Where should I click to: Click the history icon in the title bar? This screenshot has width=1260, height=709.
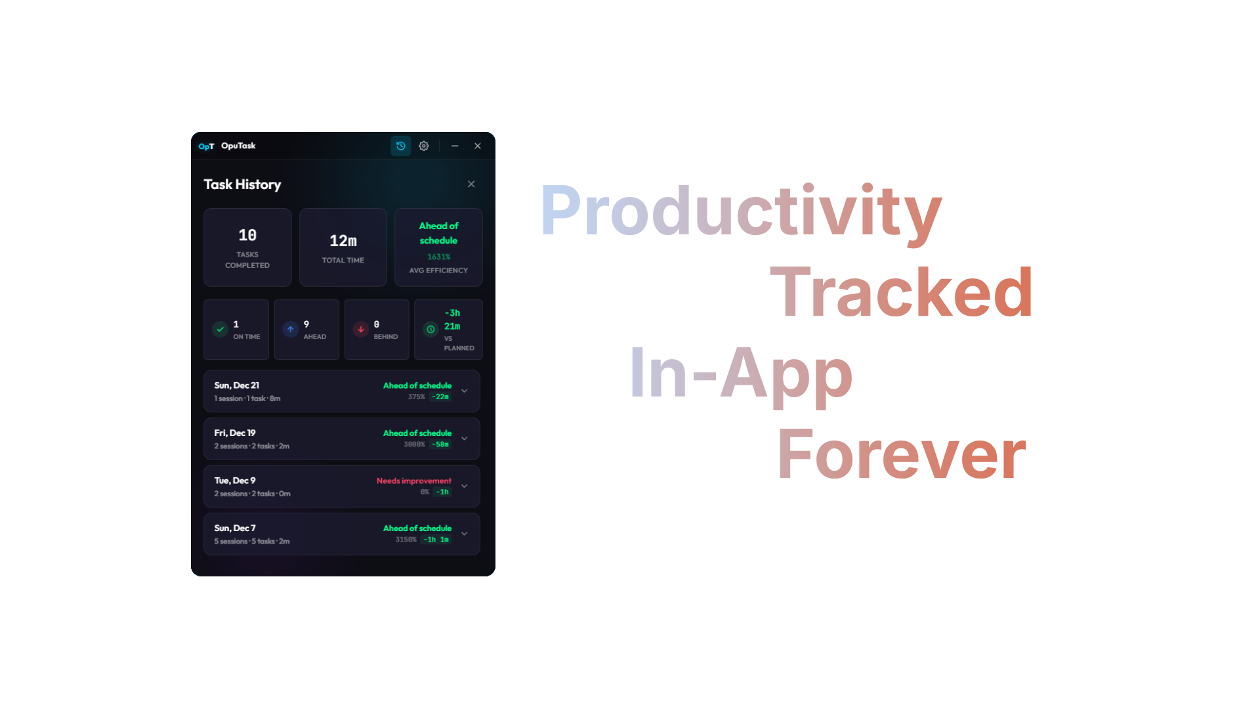[401, 146]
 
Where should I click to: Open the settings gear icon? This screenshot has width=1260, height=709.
[424, 146]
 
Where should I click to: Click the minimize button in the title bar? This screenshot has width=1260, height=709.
[455, 146]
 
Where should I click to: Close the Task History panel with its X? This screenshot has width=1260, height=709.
[471, 184]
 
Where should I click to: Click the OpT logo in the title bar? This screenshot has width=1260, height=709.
[206, 146]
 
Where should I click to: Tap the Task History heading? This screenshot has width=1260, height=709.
[242, 184]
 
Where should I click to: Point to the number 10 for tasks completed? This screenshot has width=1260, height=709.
[247, 235]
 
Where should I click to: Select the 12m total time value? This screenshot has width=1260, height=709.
[343, 241]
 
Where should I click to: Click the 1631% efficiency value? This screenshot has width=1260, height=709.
[439, 257]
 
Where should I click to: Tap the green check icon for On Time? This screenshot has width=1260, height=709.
[220, 329]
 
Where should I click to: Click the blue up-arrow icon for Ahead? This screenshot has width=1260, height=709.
[291, 329]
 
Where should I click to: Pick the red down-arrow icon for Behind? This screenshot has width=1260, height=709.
[361, 329]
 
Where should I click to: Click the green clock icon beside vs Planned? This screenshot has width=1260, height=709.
[430, 329]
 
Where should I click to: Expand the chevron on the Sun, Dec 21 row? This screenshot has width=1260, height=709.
[465, 391]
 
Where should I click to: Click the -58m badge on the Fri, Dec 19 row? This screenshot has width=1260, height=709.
[440, 444]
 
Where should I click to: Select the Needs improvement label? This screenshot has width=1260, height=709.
[414, 481]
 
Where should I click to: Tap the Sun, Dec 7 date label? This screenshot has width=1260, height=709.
[235, 528]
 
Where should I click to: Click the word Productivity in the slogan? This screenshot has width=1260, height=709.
[741, 211]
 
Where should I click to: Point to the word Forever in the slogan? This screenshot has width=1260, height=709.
[901, 454]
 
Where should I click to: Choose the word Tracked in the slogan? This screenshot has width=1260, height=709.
[901, 292]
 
